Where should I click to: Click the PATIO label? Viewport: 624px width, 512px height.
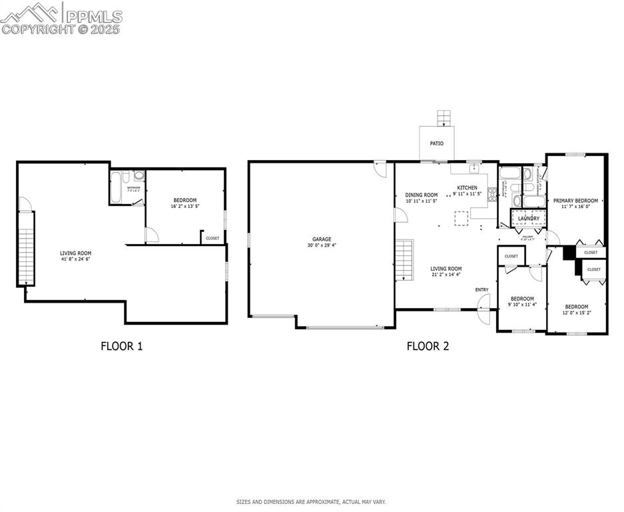[x=436, y=143]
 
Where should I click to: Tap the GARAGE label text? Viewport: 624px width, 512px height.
[x=322, y=239]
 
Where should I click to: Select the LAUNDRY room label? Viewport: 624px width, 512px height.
[x=529, y=218]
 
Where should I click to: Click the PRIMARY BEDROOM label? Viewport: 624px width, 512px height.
[x=575, y=200]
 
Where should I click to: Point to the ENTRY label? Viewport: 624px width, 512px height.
[x=481, y=289]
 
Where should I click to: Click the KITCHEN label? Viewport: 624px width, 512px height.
[x=467, y=187]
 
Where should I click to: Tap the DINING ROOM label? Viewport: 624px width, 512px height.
[x=422, y=195]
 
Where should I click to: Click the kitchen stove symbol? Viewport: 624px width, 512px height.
[x=493, y=195]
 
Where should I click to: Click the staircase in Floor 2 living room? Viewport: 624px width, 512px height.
[x=404, y=261]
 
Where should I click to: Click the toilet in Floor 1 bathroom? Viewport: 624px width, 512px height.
[x=139, y=176]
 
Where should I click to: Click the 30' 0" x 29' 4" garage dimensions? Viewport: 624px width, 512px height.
[x=322, y=245]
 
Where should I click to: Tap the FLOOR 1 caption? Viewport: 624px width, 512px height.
[x=121, y=346]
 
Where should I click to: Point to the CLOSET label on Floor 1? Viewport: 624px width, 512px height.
[x=212, y=238]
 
